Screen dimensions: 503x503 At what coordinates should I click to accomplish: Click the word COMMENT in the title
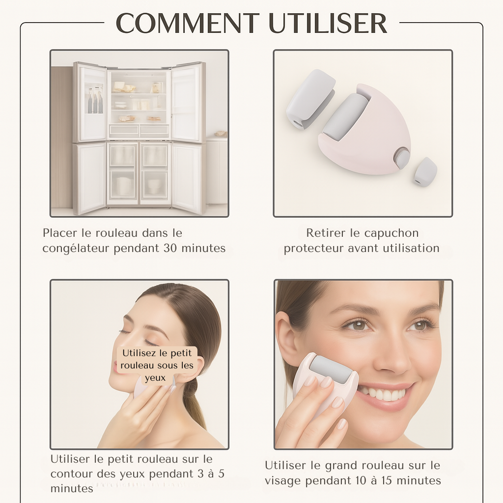pyautogui.click(x=187, y=23)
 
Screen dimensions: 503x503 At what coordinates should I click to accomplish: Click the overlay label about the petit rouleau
pyautogui.click(x=157, y=365)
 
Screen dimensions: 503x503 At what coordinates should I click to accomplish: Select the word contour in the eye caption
pyautogui.click(x=72, y=474)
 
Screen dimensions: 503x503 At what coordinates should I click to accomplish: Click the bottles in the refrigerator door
pyautogui.click(x=95, y=102)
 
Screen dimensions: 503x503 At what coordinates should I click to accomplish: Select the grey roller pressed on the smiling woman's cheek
pyautogui.click(x=331, y=369)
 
